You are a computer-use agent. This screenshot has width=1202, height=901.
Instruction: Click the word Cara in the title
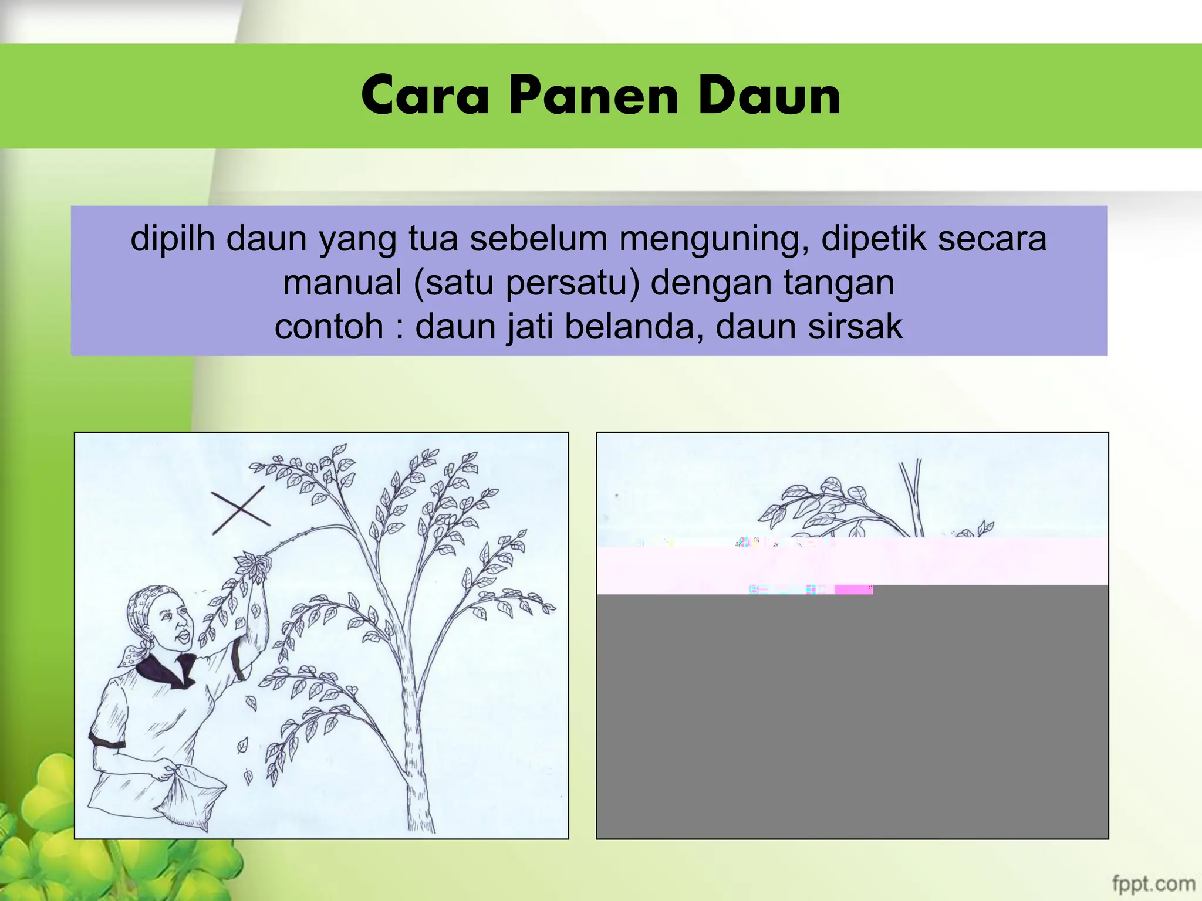coord(425,96)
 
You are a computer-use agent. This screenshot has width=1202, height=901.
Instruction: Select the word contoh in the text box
coord(329,327)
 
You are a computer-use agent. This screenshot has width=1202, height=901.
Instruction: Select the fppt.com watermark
coord(1153,883)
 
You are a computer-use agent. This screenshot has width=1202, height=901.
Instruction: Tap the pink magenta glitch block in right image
coord(853,590)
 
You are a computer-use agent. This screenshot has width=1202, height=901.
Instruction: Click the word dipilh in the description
coord(173,239)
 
